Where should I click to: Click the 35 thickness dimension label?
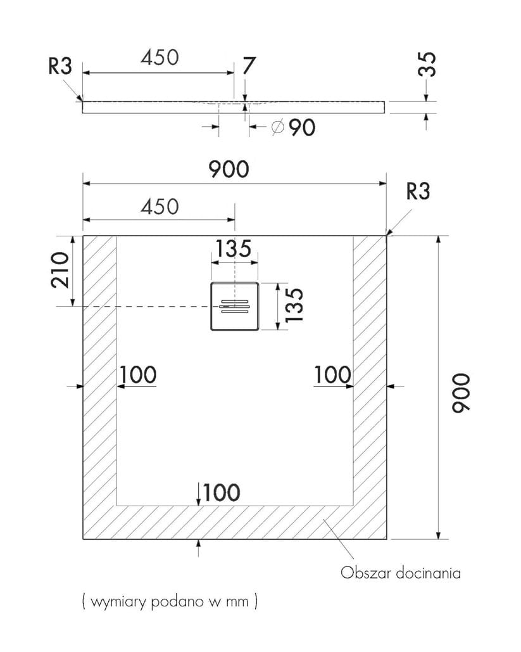coord(427,65)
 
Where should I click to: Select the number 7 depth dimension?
coord(248,66)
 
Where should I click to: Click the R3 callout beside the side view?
coord(60,66)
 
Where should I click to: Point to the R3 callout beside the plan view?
coord(418,191)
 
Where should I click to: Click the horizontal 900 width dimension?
coord(229,169)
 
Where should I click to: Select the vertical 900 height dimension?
coord(461,393)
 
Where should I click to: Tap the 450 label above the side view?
coord(160,58)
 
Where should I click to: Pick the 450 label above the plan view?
coord(160,207)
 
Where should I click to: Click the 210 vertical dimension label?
coord(60,269)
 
